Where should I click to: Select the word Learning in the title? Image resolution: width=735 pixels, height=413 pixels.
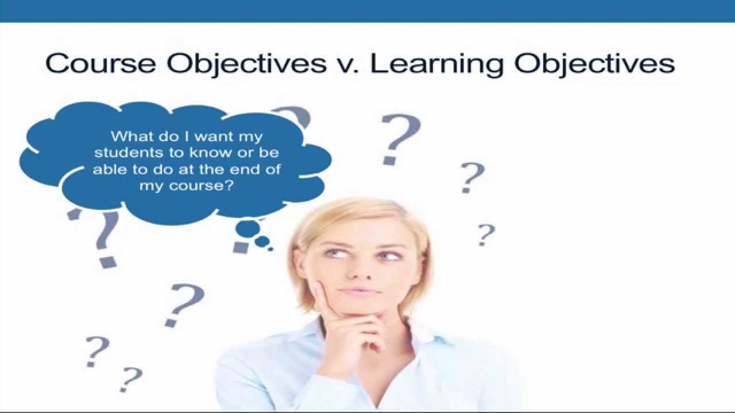coord(438,64)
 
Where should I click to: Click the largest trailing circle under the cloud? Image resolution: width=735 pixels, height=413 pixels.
coord(247,229)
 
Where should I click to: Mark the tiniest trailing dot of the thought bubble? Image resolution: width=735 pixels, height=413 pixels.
coord(270,248)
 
